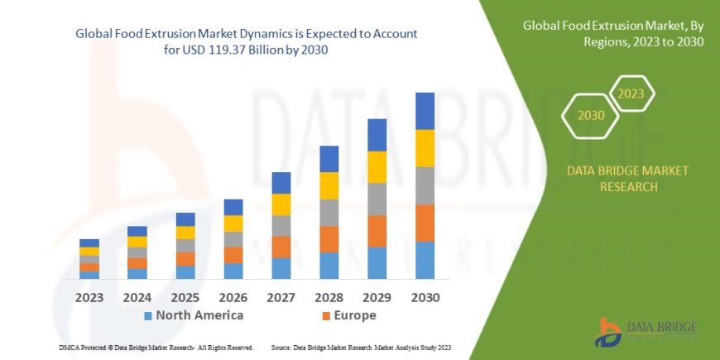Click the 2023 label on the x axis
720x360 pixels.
coord(89,296)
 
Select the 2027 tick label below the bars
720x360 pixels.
coord(281,296)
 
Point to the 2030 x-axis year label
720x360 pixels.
coord(425,296)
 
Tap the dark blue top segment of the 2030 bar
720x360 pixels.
coord(425,111)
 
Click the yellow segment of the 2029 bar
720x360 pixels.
coord(377,167)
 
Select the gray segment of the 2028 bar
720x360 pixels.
coord(329,213)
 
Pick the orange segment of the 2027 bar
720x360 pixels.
coord(281,247)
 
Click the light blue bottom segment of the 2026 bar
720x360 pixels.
coord(233,271)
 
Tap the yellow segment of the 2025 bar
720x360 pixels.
coord(185,233)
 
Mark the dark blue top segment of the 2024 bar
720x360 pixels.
coord(137,231)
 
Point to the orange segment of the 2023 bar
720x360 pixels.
coord(89,267)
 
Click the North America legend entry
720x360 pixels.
coord(194,315)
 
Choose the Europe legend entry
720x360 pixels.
coord(348,315)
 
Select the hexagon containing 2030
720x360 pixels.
coord(591,116)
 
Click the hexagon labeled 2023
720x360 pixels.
coord(631,94)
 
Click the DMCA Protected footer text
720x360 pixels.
coord(156,347)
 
